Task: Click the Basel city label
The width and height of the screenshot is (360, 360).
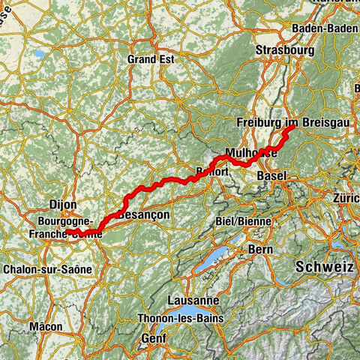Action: click(x=271, y=175)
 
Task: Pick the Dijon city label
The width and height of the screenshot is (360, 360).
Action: click(x=63, y=203)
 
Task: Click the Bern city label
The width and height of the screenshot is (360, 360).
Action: click(x=259, y=248)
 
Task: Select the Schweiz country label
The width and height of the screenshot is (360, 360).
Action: click(x=324, y=266)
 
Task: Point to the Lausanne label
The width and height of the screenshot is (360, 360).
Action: click(x=178, y=300)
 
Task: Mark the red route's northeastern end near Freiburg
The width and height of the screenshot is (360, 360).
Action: click(x=290, y=128)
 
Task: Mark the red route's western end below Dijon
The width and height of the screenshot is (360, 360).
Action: click(x=69, y=236)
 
